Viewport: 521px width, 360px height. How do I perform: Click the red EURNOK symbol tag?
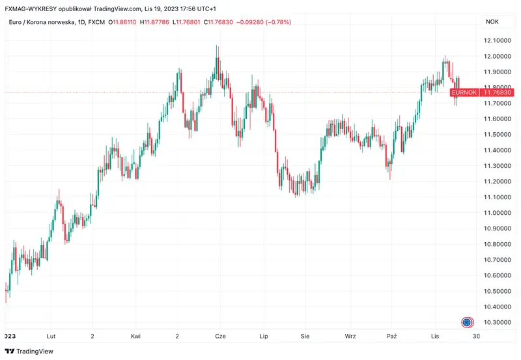pyautogui.click(x=465, y=93)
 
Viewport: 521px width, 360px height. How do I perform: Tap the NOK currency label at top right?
pyautogui.click(x=492, y=22)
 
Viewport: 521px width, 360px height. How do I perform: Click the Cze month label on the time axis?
pyautogui.click(x=221, y=336)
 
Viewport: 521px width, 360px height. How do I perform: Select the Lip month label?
pyautogui.click(x=264, y=336)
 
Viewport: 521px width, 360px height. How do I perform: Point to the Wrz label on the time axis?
pyautogui.click(x=350, y=336)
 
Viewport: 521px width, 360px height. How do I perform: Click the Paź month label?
pyautogui.click(x=391, y=336)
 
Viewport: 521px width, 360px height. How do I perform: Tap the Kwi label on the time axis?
pyautogui.click(x=135, y=336)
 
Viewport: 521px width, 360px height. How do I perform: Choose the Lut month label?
pyautogui.click(x=50, y=336)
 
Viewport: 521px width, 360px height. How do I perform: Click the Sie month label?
pyautogui.click(x=305, y=336)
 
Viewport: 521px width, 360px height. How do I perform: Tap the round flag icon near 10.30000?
pyautogui.click(x=467, y=322)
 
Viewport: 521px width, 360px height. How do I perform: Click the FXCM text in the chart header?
pyautogui.click(x=94, y=22)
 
